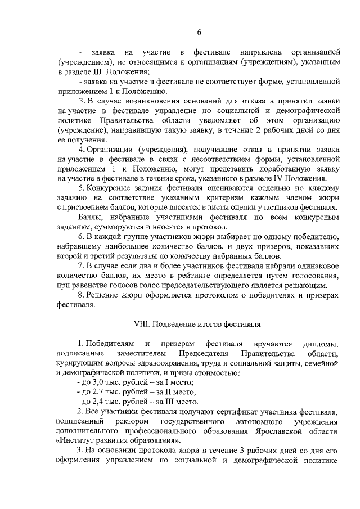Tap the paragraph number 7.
(x=81, y=265)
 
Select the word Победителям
(x=107, y=343)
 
